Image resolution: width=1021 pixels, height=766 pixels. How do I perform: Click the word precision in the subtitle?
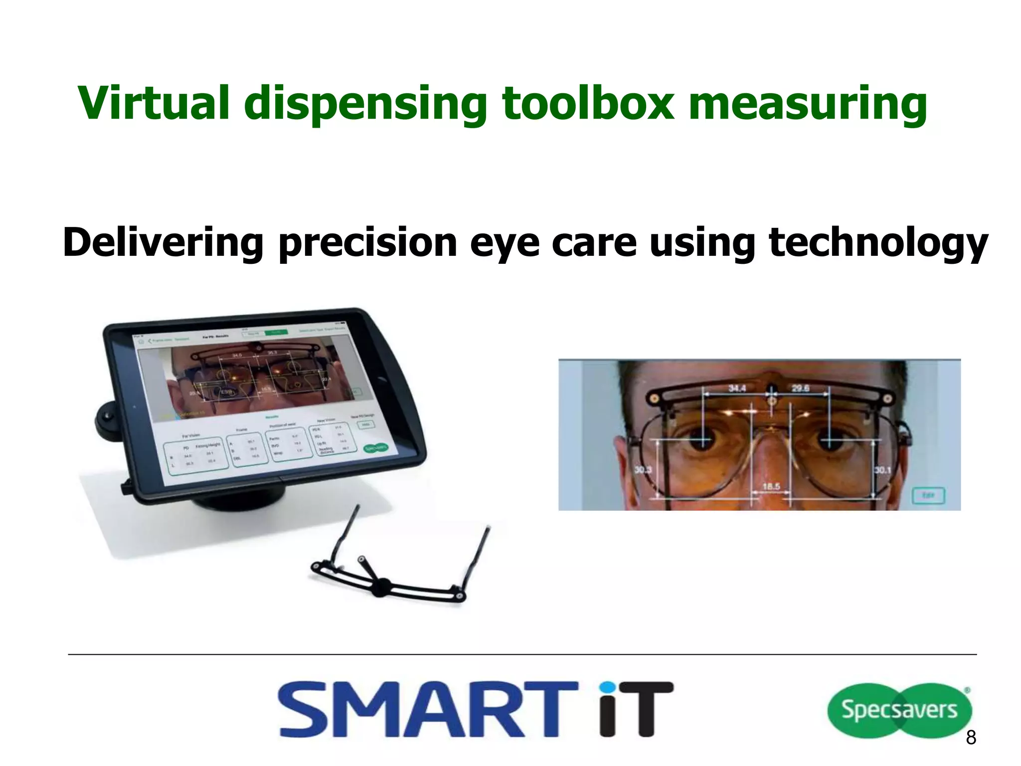367,243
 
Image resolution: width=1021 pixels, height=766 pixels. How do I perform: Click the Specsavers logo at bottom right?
899,710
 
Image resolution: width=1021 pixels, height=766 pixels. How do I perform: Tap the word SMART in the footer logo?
426,710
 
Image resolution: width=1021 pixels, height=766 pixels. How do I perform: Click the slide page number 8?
971,737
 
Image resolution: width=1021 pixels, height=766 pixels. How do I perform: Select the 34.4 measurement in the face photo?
737,387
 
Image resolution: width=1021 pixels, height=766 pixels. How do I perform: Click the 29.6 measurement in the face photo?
800,387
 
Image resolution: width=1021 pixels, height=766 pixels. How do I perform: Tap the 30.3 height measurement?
643,470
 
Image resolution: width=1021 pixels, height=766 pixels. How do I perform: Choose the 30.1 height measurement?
882,470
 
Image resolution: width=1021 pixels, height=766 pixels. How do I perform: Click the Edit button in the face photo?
928,495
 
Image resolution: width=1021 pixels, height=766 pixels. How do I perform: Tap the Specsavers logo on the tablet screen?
376,447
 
